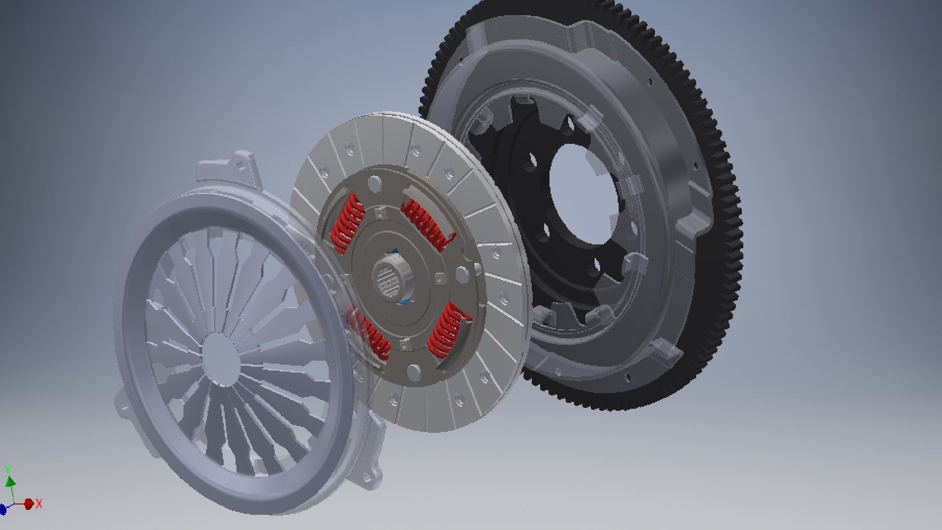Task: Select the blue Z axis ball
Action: click(x=2, y=511)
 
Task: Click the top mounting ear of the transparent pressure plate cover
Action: click(x=240, y=164)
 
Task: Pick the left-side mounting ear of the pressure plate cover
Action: click(x=121, y=402)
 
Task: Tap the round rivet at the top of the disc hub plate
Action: click(x=375, y=183)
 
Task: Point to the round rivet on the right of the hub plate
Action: click(x=462, y=273)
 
